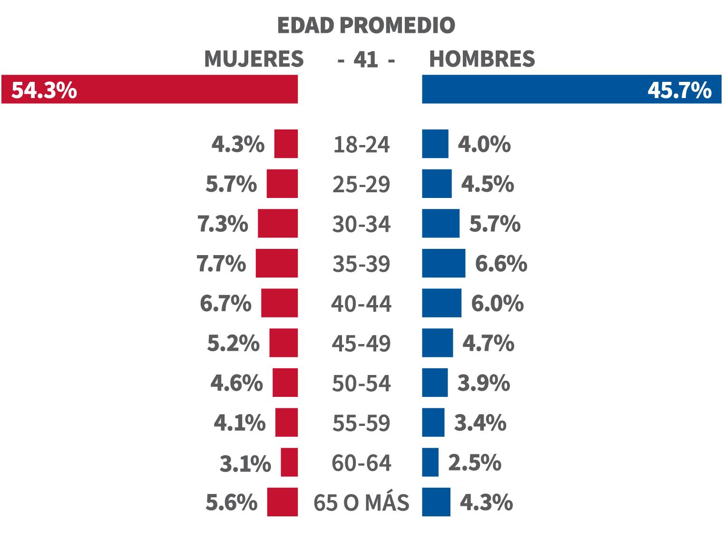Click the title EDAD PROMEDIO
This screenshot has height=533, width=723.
click(366, 25)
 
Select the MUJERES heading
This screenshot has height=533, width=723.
click(254, 59)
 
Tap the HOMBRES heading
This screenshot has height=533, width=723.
click(482, 59)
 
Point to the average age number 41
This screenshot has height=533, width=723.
click(366, 60)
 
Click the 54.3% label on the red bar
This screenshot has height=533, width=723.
click(44, 90)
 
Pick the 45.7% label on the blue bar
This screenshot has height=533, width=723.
click(679, 90)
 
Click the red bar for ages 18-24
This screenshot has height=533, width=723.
click(286, 144)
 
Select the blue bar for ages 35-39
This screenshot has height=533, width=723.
click(443, 263)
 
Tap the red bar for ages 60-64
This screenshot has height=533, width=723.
click(289, 462)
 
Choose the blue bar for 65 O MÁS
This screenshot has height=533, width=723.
click(436, 502)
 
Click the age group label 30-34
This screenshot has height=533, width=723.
click(361, 224)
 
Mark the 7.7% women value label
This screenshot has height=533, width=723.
click(222, 263)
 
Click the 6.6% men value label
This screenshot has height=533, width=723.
click(501, 263)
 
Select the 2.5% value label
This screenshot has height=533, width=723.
click(475, 463)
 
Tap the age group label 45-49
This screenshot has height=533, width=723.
click(361, 344)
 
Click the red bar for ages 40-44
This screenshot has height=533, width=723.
click(279, 303)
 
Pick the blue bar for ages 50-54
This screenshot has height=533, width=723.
click(435, 383)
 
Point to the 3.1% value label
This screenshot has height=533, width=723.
click(245, 464)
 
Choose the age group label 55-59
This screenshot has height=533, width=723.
click(361, 423)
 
